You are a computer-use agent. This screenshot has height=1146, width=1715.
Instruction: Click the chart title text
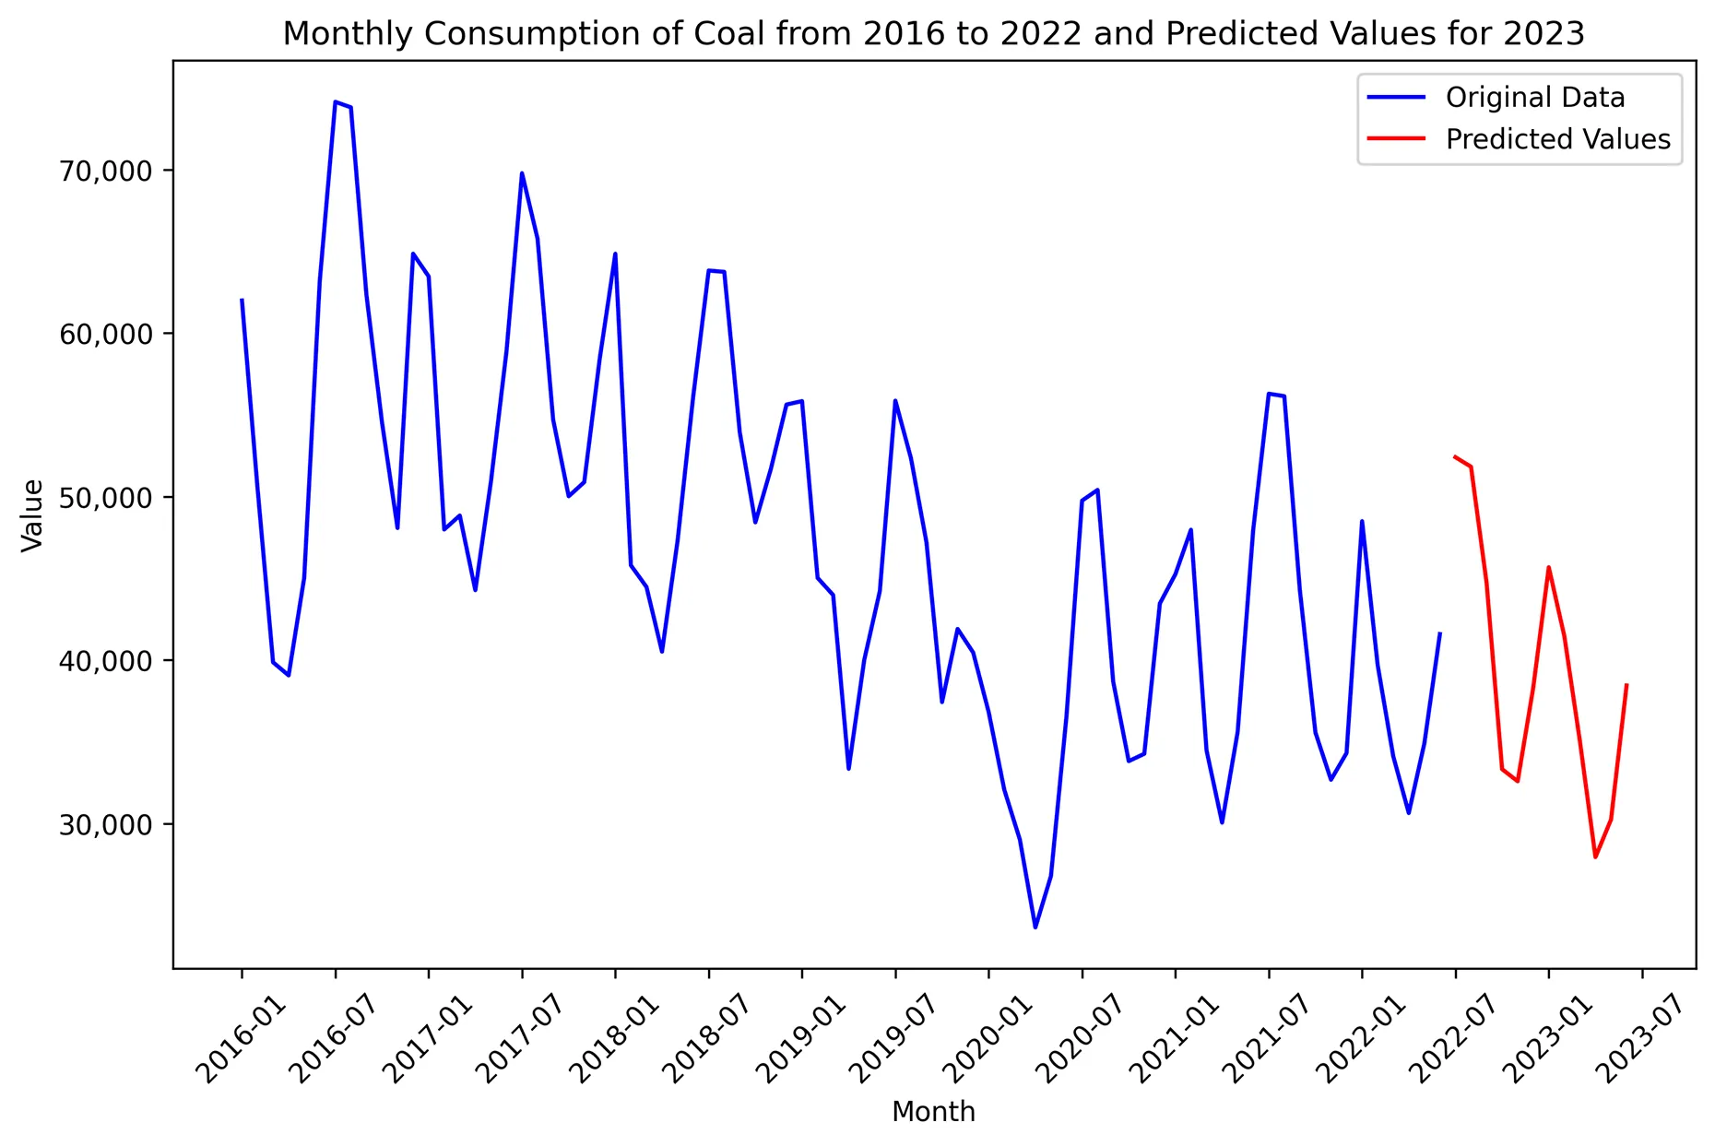pos(933,33)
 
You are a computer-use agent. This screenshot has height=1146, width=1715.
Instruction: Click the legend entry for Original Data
pos(1534,98)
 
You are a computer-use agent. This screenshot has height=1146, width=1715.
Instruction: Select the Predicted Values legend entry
pos(1556,139)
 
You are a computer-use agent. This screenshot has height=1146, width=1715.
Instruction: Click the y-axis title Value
pos(33,515)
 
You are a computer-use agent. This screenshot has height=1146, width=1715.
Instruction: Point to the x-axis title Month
pos(933,1112)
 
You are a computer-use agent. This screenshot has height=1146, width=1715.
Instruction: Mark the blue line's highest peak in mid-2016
pos(335,101)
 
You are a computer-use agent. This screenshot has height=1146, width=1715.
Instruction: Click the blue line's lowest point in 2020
pos(1035,927)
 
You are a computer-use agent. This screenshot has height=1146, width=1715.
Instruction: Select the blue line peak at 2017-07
pos(522,173)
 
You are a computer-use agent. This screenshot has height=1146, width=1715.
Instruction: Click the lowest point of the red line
pos(1595,857)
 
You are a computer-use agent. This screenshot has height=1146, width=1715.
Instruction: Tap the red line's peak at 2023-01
pos(1548,567)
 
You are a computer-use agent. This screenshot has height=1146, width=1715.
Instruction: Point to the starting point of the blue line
pos(242,300)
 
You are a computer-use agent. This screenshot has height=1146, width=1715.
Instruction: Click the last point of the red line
pos(1626,685)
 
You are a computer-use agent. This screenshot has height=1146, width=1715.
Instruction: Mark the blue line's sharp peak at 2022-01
pos(1362,521)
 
